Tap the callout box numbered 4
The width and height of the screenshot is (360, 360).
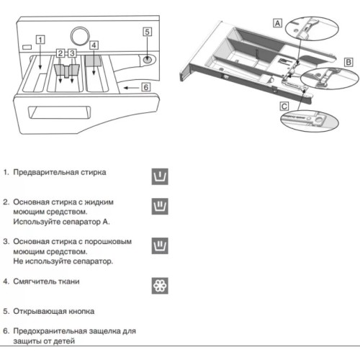(94, 45)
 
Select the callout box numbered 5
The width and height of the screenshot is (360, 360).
(147, 32)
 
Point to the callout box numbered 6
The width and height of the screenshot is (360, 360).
(145, 87)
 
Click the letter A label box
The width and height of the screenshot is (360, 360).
(277, 23)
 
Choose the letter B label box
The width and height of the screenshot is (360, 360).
(348, 63)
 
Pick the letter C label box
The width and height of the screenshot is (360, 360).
(285, 106)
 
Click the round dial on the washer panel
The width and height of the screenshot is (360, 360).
(81, 35)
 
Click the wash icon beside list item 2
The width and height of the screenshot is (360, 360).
(160, 207)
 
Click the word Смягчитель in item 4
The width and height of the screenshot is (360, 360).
(35, 282)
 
